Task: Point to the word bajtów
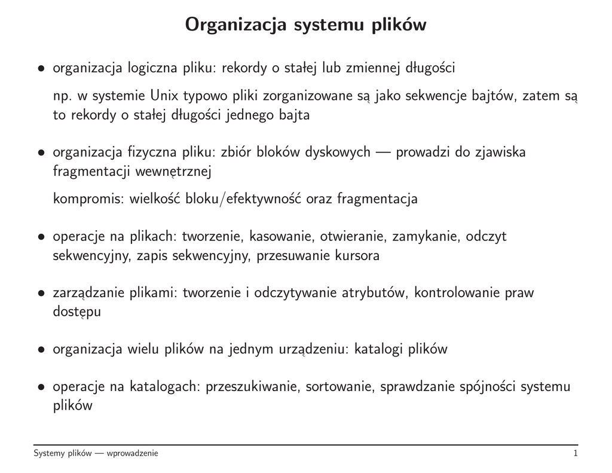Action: (x=498, y=96)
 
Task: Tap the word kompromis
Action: (x=89, y=199)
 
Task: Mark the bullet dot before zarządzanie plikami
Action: (x=41, y=294)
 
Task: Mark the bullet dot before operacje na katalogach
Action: (x=41, y=387)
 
